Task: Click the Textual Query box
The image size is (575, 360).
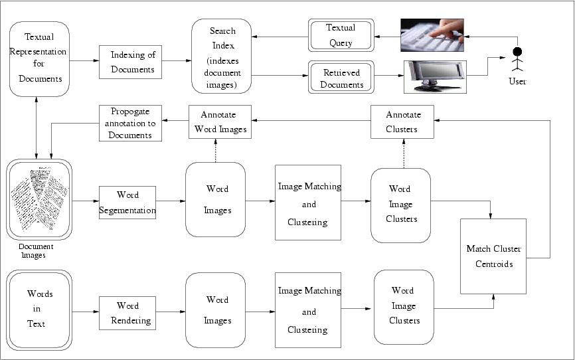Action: (x=341, y=35)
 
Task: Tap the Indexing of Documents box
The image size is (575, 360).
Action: (x=130, y=62)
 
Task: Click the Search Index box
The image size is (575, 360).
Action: (x=222, y=56)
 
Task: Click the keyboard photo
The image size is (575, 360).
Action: (x=432, y=35)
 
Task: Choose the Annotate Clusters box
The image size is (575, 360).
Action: (x=402, y=122)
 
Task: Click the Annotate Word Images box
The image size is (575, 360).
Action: (x=221, y=122)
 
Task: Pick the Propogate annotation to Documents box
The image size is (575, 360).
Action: (x=130, y=123)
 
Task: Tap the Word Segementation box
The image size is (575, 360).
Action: (x=127, y=203)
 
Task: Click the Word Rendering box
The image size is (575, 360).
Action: (x=127, y=314)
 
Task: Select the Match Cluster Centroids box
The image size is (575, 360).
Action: (x=493, y=256)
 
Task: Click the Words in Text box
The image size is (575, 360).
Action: (x=40, y=309)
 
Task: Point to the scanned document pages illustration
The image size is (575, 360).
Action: (x=40, y=199)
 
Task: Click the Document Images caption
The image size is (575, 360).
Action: (x=36, y=250)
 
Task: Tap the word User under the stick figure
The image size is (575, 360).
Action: (x=517, y=82)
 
